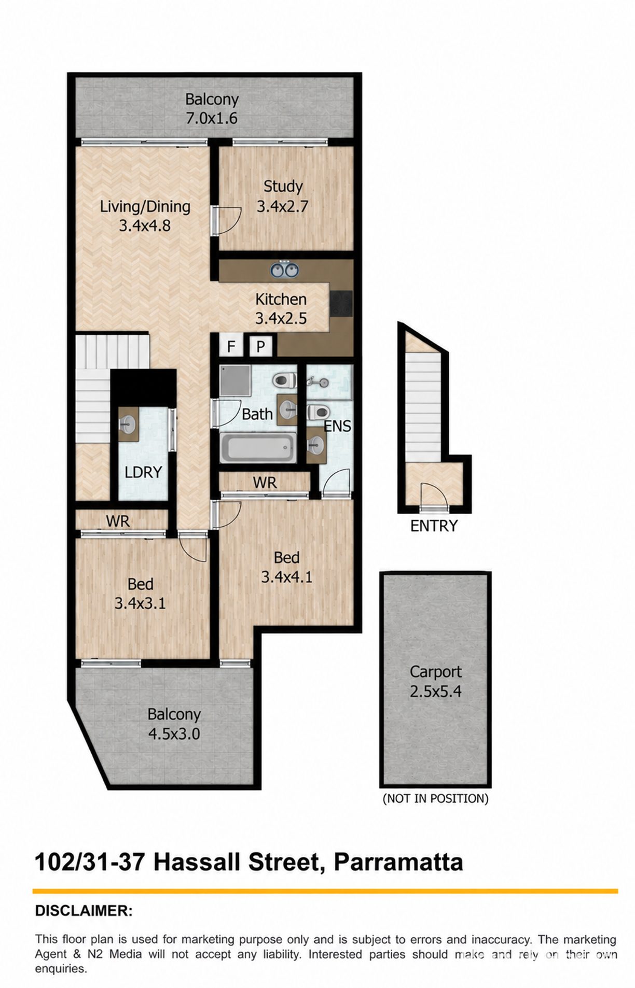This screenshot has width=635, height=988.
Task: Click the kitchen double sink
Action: pyautogui.click(x=284, y=269)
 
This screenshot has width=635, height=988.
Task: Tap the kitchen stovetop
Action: pyautogui.click(x=341, y=303)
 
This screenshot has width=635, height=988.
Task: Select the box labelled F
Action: pyautogui.click(x=231, y=346)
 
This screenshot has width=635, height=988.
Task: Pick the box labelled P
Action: pyautogui.click(x=261, y=346)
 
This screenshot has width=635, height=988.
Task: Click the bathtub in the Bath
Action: pyautogui.click(x=258, y=447)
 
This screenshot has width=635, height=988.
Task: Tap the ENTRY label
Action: pyautogui.click(x=434, y=526)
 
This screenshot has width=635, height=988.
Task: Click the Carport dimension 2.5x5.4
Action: pyautogui.click(x=436, y=691)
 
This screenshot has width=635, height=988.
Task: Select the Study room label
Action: pyautogui.click(x=283, y=187)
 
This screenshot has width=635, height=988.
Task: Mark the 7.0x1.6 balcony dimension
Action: pyautogui.click(x=212, y=118)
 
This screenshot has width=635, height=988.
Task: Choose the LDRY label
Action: pyautogui.click(x=143, y=472)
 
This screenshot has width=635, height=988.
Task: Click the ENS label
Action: pyautogui.click(x=338, y=426)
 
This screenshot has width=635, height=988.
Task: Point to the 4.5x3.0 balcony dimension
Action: pyautogui.click(x=174, y=733)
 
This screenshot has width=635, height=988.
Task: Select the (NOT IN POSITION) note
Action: pyautogui.click(x=436, y=798)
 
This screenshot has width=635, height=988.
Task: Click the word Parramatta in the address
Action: pyautogui.click(x=398, y=863)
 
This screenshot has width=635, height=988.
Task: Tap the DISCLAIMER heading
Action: pyautogui.click(x=84, y=911)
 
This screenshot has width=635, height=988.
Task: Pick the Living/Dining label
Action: pyautogui.click(x=145, y=207)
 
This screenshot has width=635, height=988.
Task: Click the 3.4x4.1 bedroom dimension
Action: pyautogui.click(x=286, y=576)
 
